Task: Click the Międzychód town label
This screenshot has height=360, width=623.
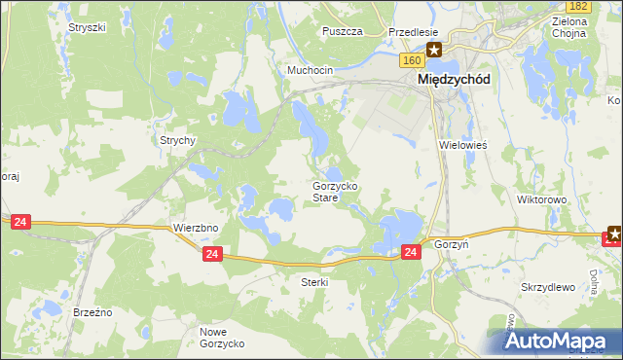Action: tap(453, 81)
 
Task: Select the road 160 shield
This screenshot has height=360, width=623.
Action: tap(411, 60)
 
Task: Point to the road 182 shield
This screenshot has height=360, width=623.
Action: tap(578, 6)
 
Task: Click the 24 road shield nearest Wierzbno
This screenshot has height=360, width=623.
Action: tap(214, 254)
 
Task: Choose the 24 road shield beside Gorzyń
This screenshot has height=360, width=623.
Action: tap(411, 252)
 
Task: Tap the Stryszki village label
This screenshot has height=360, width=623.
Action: tap(87, 27)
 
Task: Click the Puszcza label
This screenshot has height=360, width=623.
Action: tap(343, 31)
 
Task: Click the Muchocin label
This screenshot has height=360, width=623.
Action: tap(310, 71)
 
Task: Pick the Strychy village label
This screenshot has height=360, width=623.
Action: tap(178, 140)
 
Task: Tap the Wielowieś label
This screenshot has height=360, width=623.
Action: tap(462, 144)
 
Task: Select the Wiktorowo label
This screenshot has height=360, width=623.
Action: tap(542, 199)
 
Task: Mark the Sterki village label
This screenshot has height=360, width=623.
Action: tap(315, 282)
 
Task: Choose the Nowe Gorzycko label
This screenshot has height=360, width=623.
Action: tap(222, 338)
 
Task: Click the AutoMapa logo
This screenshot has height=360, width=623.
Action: tap(560, 341)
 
